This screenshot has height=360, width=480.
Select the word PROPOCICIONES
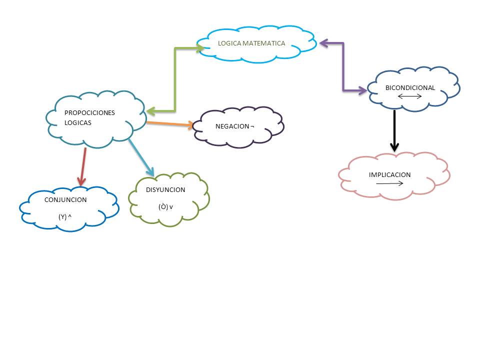pos(89,112)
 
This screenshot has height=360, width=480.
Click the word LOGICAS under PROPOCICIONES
pos(78,122)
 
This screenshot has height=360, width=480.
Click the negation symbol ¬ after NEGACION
pos(252,126)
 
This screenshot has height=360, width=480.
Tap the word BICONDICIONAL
pos(410,88)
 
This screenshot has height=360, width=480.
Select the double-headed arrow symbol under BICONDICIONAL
pos(410,96)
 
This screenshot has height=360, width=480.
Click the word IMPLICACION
pos(389,175)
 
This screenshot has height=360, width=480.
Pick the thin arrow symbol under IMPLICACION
pos(389,183)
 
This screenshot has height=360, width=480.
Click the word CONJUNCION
pos(65,200)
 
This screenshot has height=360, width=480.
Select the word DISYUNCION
pos(165,190)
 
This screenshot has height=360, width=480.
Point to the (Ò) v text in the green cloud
pos(165,206)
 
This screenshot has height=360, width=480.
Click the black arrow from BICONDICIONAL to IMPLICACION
pos(394,130)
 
